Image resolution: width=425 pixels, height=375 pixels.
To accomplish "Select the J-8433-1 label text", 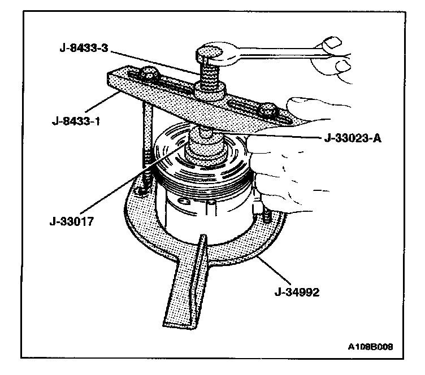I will coord(71,120).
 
